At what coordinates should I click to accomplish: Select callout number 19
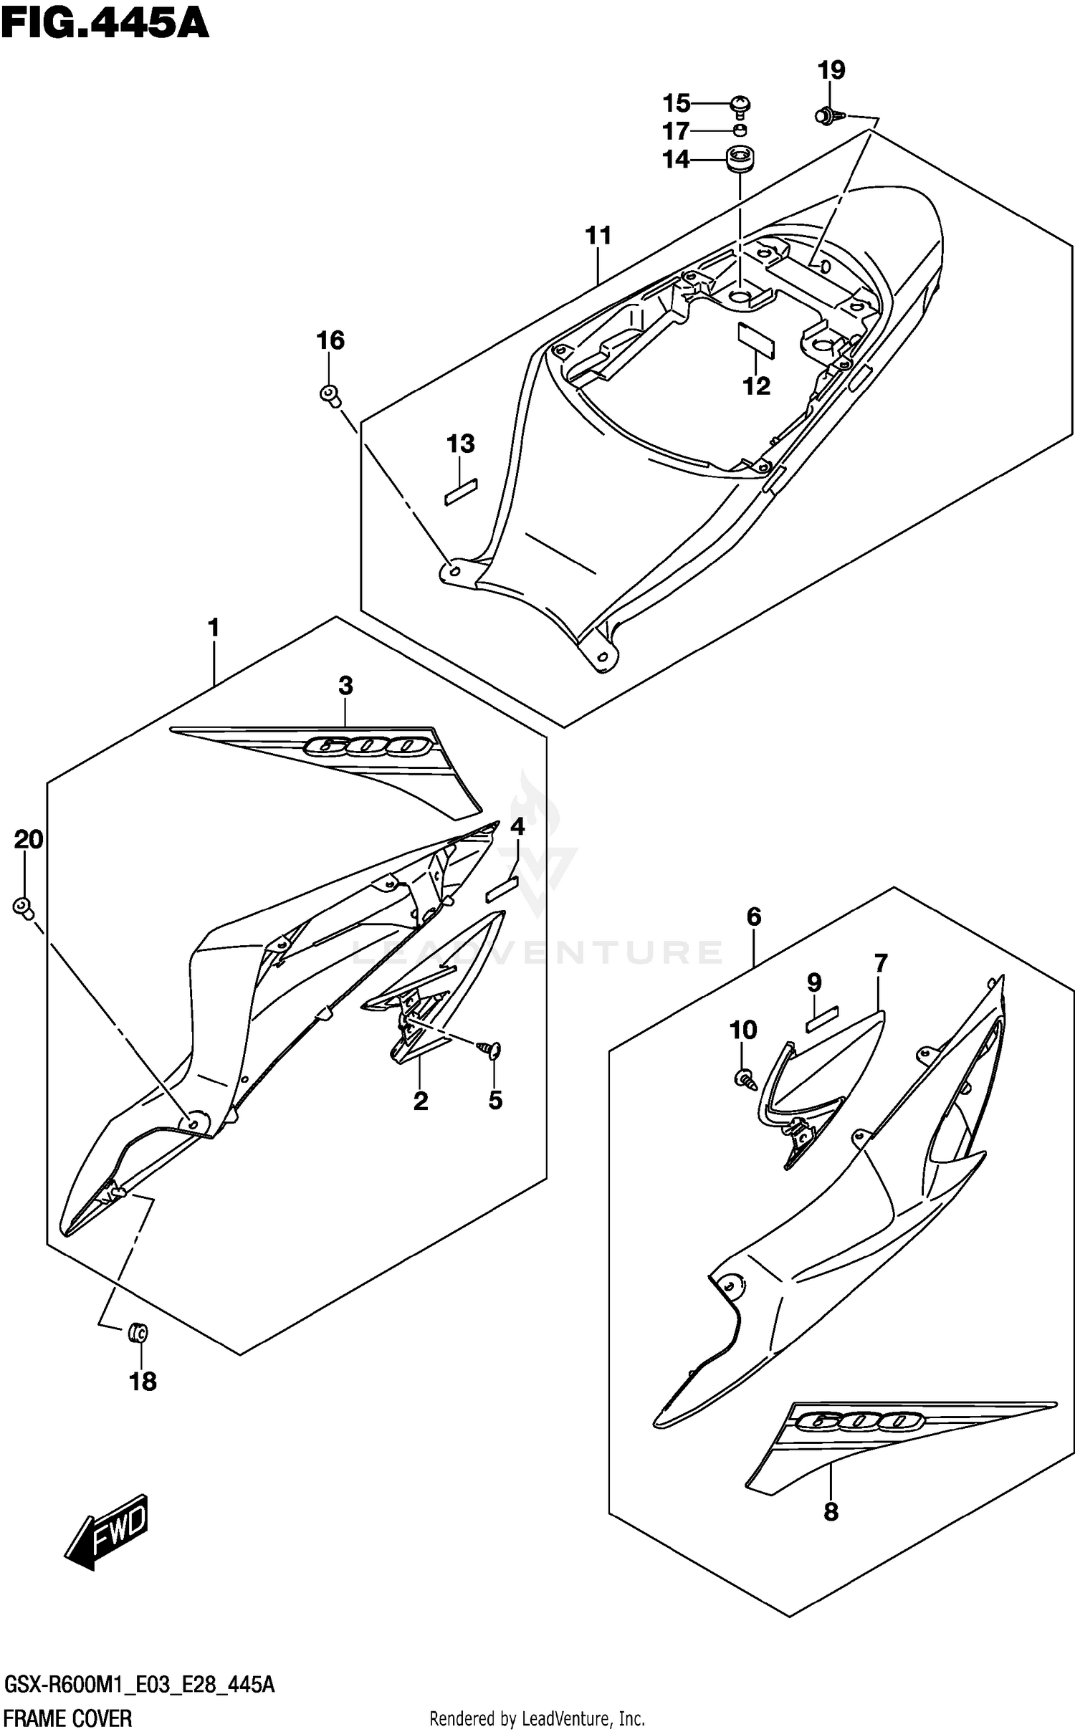pyautogui.click(x=831, y=70)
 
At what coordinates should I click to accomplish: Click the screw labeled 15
pyautogui.click(x=740, y=105)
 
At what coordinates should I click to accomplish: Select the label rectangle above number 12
pyautogui.click(x=756, y=340)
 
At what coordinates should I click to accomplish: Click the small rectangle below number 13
pyautogui.click(x=461, y=492)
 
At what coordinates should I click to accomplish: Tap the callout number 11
pyautogui.click(x=598, y=235)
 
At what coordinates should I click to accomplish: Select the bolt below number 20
pyautogui.click(x=23, y=908)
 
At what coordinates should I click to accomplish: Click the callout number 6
pyautogui.click(x=753, y=917)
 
